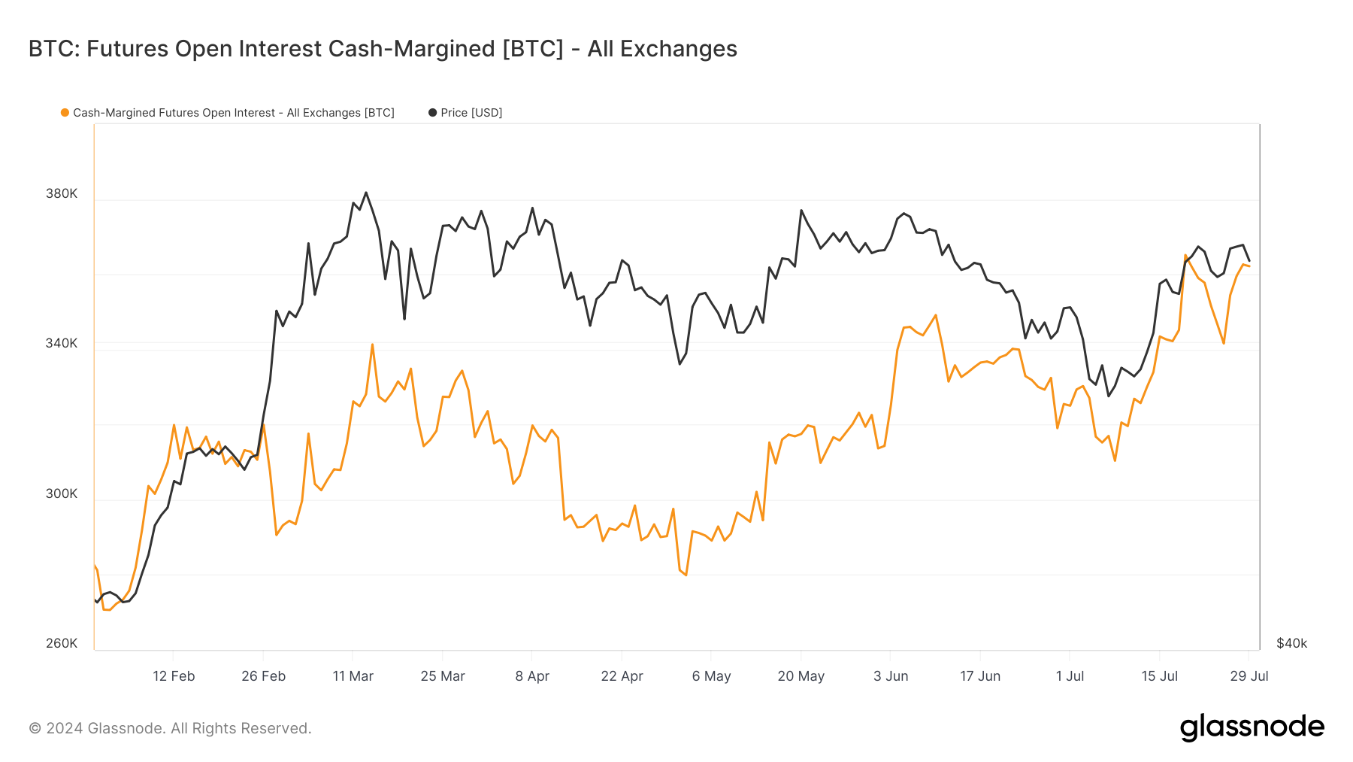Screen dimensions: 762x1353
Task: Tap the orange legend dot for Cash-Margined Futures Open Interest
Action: click(x=65, y=113)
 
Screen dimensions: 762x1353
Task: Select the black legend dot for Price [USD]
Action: click(x=432, y=113)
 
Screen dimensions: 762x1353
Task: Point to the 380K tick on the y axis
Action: click(x=62, y=193)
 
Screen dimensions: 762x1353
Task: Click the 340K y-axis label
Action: click(x=62, y=343)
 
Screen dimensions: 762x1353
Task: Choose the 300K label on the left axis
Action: click(x=62, y=493)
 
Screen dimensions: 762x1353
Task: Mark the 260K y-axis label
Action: click(x=62, y=643)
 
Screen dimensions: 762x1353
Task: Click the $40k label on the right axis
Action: click(x=1291, y=643)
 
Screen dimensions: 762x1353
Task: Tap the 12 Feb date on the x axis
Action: click(x=174, y=676)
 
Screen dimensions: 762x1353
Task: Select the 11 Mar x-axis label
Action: click(x=353, y=676)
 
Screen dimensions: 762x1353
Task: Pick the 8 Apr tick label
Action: click(x=532, y=676)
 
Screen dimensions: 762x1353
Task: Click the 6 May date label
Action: click(x=711, y=676)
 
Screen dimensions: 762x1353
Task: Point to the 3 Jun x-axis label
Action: click(x=891, y=676)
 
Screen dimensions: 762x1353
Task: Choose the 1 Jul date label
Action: click(x=1070, y=676)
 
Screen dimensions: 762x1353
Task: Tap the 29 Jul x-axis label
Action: click(x=1249, y=676)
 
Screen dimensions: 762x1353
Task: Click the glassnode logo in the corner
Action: click(x=1252, y=727)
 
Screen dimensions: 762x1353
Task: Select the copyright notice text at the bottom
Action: click(x=170, y=728)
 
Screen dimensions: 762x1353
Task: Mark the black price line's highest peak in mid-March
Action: click(x=366, y=193)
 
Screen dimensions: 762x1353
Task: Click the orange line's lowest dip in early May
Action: click(x=686, y=575)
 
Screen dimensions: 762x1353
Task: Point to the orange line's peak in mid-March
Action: click(x=372, y=345)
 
